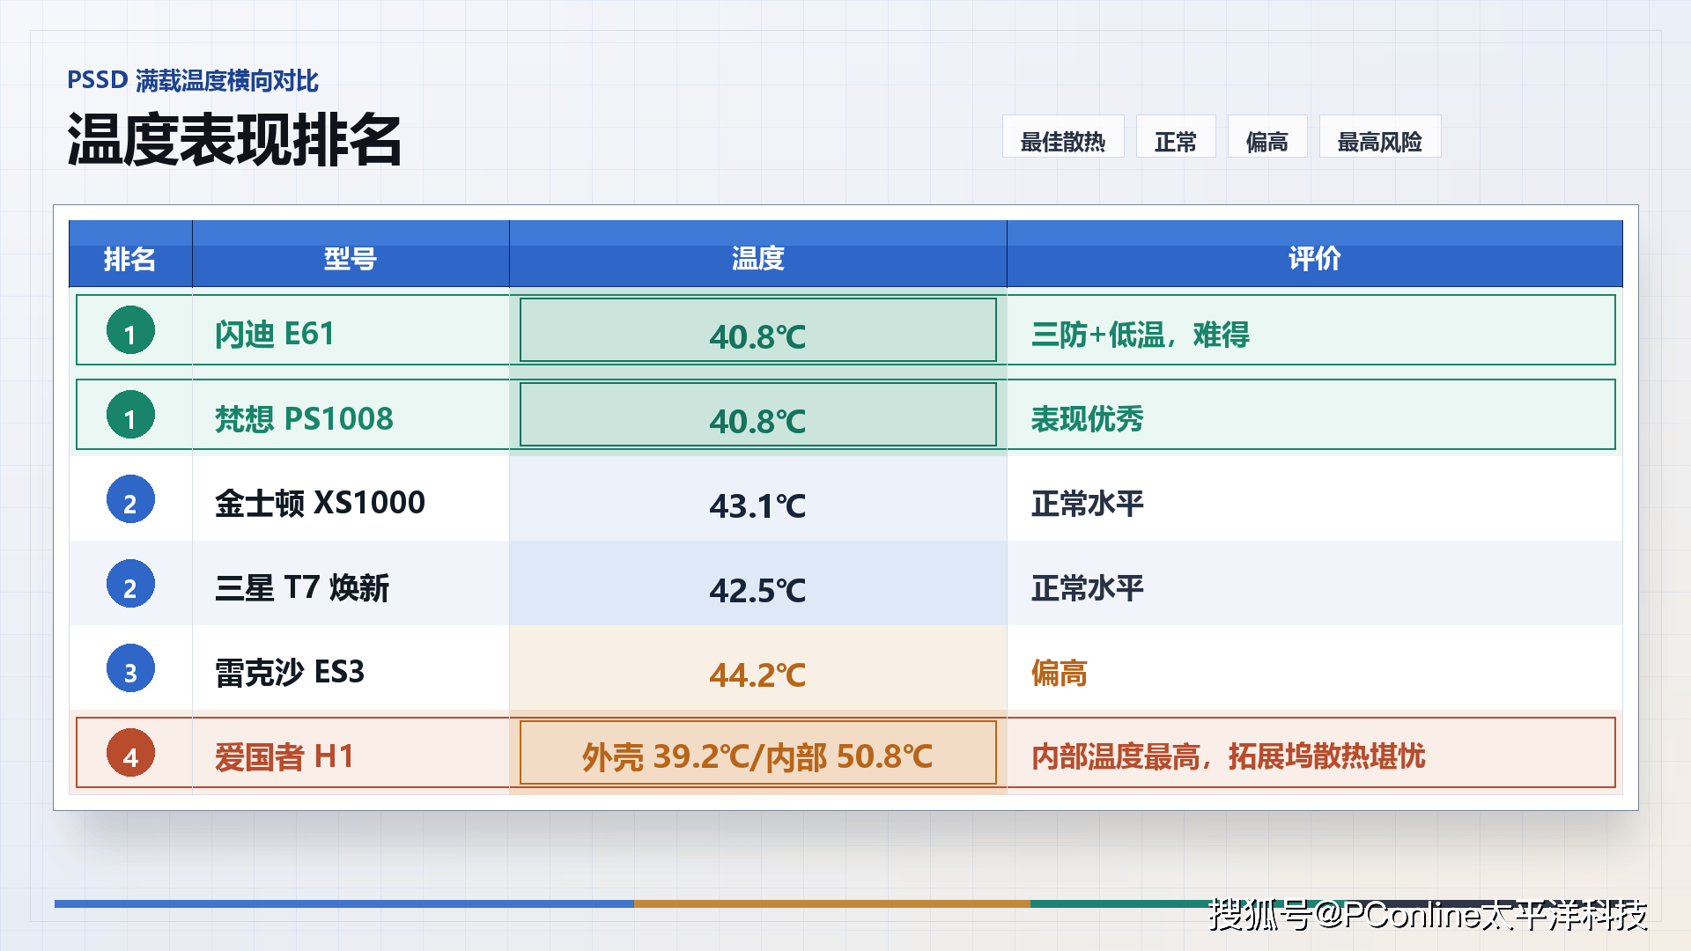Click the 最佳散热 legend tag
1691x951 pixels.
pyautogui.click(x=1063, y=137)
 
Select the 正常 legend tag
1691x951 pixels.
pyautogui.click(x=1176, y=137)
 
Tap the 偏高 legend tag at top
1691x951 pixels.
pyautogui.click(x=1267, y=137)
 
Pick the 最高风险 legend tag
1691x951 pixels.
pyautogui.click(x=1380, y=137)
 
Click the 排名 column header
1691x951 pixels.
pyautogui.click(x=130, y=259)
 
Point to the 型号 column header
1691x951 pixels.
pyautogui.click(x=351, y=259)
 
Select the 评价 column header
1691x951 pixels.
pyautogui.click(x=1315, y=259)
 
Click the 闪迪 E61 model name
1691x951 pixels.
pyautogui.click(x=275, y=335)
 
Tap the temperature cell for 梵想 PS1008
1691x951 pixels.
pyautogui.click(x=758, y=415)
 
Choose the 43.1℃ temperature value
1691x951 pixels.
pyautogui.click(x=758, y=505)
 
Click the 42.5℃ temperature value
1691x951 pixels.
pyautogui.click(x=758, y=590)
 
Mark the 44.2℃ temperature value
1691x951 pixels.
pyautogui.click(x=758, y=675)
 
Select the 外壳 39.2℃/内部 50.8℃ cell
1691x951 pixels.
pyautogui.click(x=758, y=753)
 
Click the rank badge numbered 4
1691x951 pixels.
pyautogui.click(x=130, y=754)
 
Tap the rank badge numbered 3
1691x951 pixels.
pyautogui.click(x=130, y=669)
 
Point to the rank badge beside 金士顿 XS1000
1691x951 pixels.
pyautogui.click(x=130, y=500)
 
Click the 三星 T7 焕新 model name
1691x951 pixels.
pyautogui.click(x=302, y=587)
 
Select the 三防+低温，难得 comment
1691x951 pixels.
pyautogui.click(x=1141, y=335)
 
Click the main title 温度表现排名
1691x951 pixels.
pyautogui.click(x=234, y=140)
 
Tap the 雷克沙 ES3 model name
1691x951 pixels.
pyautogui.click(x=290, y=672)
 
